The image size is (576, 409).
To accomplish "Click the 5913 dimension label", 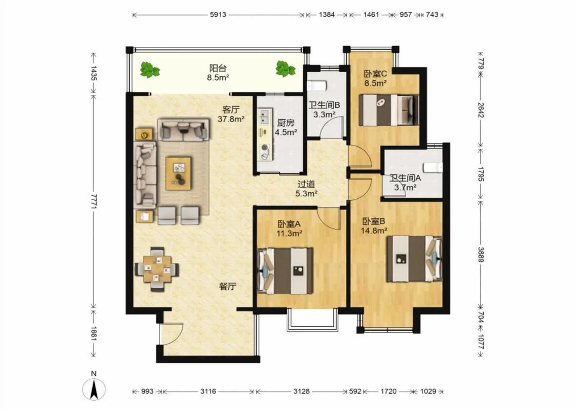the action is (218, 15).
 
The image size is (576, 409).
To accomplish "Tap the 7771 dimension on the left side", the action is (94, 201).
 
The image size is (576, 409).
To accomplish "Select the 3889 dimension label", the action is (481, 254).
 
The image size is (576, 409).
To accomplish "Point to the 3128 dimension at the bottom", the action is (301, 391).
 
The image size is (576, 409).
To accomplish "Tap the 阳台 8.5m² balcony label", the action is (218, 72).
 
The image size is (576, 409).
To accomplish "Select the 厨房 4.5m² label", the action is (286, 128).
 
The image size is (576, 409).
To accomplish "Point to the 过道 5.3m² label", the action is (306, 189).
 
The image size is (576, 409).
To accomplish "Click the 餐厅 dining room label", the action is (227, 286).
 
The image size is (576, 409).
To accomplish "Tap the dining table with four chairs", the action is (157, 269).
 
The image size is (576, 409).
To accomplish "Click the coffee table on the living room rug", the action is (178, 173).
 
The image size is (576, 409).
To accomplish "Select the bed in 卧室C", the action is (389, 110).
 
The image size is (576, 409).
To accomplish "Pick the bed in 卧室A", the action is (285, 271).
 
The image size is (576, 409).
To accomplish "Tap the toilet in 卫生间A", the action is (433, 167).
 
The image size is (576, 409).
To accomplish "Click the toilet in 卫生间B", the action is (316, 85).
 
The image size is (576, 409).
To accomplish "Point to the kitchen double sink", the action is (264, 117).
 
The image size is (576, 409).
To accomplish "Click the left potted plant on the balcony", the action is (150, 70).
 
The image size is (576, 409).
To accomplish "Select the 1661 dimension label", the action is (94, 334).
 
